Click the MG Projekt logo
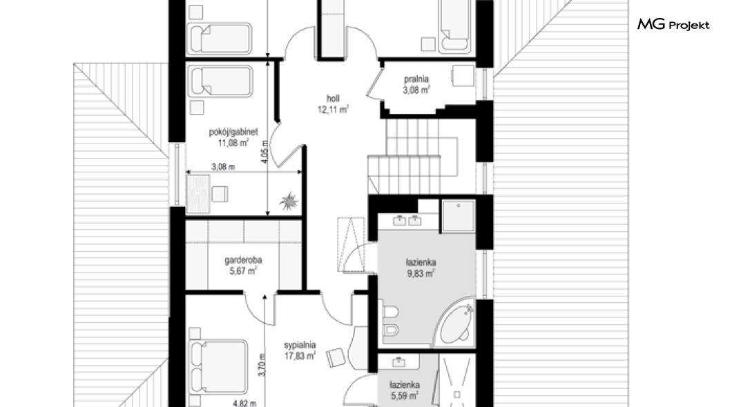(673, 25)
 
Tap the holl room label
(333, 99)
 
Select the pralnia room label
(416, 79)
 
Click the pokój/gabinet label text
(233, 132)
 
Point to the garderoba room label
(243, 260)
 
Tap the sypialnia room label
(300, 345)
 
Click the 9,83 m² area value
(421, 274)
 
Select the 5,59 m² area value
(404, 396)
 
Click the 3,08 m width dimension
(223, 166)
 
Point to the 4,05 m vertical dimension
(264, 152)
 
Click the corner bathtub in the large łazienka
(454, 323)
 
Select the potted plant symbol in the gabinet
(289, 201)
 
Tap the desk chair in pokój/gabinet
(220, 194)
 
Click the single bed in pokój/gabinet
(220, 81)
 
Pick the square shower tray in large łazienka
(459, 215)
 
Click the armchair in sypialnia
(336, 357)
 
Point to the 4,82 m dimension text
(244, 404)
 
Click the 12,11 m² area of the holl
(334, 110)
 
